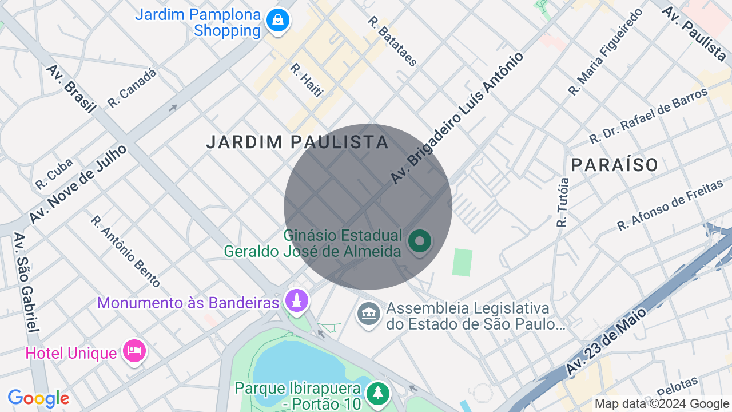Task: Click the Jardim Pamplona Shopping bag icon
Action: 277,21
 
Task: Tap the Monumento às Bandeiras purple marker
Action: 296,301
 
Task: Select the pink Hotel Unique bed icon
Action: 134,351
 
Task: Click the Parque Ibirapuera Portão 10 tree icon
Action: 377,393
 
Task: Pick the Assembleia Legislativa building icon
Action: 369,314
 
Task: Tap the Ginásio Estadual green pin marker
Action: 420,241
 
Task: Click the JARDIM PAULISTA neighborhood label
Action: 297,142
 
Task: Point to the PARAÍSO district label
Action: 615,165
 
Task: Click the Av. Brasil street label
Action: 71,89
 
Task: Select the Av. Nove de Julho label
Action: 78,184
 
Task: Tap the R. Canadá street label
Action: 132,88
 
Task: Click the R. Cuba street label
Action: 54,174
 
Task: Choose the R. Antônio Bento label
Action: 125,251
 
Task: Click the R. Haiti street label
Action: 307,80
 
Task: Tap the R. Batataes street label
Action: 392,41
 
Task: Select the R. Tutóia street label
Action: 563,202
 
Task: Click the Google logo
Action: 38,398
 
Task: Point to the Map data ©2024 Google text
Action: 662,404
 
